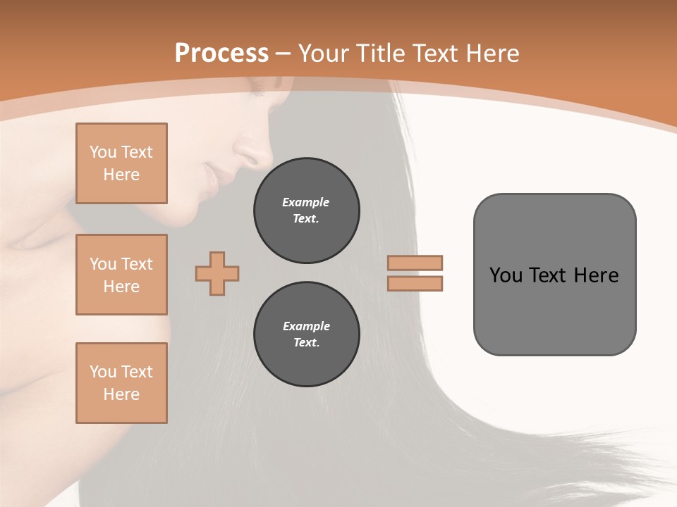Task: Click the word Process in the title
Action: [x=221, y=54]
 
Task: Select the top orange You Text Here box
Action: [x=121, y=163]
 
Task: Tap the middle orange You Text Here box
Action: [x=121, y=275]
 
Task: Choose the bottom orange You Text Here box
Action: [x=121, y=383]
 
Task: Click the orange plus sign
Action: [x=217, y=273]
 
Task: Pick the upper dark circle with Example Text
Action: [x=306, y=211]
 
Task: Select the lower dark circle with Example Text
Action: [x=306, y=334]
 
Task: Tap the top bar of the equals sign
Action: [x=415, y=263]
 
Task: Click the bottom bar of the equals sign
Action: [x=415, y=283]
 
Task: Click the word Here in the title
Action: [x=491, y=54]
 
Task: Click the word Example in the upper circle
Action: [x=306, y=202]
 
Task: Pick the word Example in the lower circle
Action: [x=306, y=326]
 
